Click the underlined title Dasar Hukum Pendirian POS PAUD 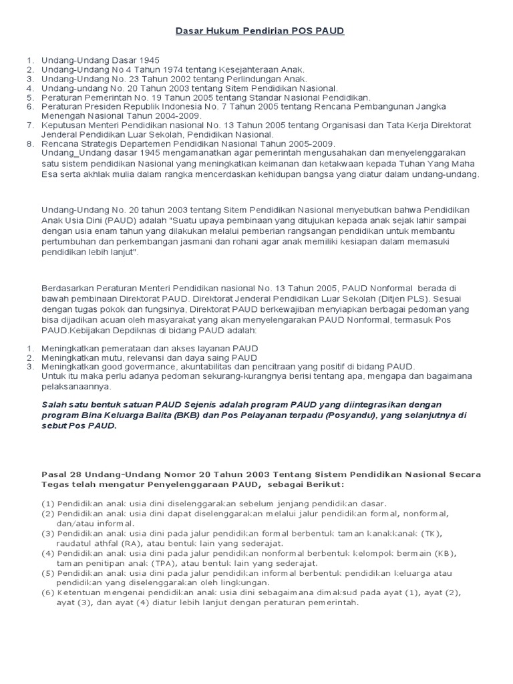(260, 31)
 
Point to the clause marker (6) (48, 592)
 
